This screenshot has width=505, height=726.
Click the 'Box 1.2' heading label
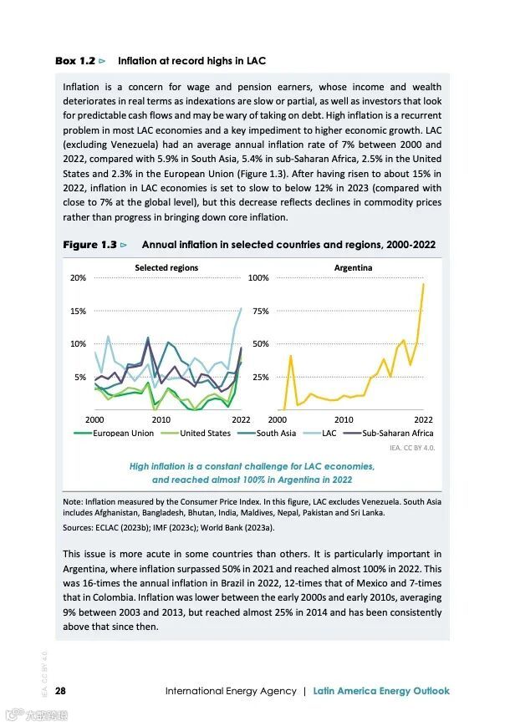pos(76,61)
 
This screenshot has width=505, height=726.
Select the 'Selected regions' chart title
pos(166,267)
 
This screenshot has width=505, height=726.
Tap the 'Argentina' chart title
pos(353,267)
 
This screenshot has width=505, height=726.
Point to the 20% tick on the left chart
pos(78,278)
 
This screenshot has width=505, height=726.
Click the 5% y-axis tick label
pos(80,377)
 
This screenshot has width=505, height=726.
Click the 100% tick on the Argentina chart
pos(258,278)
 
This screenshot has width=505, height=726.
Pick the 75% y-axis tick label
pos(260,311)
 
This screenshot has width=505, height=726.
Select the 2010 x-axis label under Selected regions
pos(161,419)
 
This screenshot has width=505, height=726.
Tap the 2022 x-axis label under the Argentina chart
pos(424,419)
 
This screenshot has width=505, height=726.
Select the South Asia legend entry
pos(276,433)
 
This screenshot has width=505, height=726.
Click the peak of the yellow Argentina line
pos(424,283)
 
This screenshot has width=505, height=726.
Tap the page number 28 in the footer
pos(61,691)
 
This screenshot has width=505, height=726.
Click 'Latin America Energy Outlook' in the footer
pos(381,691)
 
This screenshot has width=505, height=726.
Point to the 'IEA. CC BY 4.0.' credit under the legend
pos(412,448)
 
